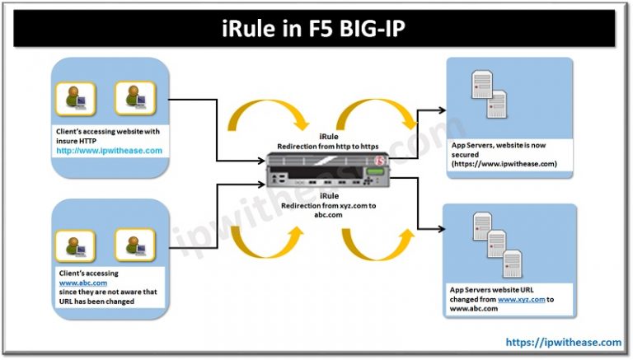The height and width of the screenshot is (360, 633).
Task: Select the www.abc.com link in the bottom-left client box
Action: pos(77,282)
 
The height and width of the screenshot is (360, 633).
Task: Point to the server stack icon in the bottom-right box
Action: pos(487,238)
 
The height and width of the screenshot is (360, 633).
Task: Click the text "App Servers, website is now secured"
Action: pos(503,150)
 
